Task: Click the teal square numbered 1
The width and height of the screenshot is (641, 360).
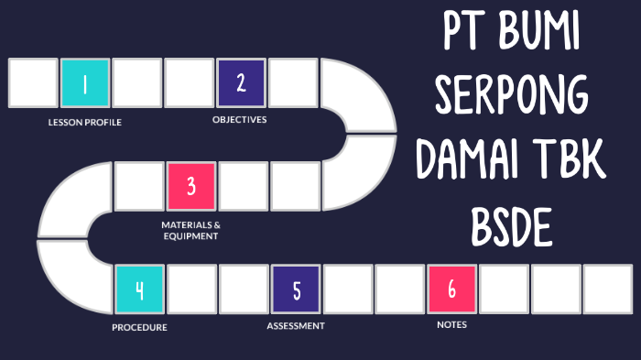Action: (85, 83)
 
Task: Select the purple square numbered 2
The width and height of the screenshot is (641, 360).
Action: (241, 82)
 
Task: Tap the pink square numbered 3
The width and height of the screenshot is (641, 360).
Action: (190, 187)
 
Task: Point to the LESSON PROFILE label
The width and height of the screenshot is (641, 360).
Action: (85, 122)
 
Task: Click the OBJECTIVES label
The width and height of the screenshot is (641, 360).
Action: (240, 119)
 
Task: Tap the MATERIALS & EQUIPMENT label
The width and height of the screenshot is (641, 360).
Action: (190, 230)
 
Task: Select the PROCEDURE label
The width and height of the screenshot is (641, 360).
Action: (139, 327)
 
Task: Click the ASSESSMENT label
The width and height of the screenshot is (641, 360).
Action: (296, 325)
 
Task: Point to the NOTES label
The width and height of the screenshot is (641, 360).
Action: (451, 324)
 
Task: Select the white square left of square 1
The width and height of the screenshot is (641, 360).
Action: (33, 83)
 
